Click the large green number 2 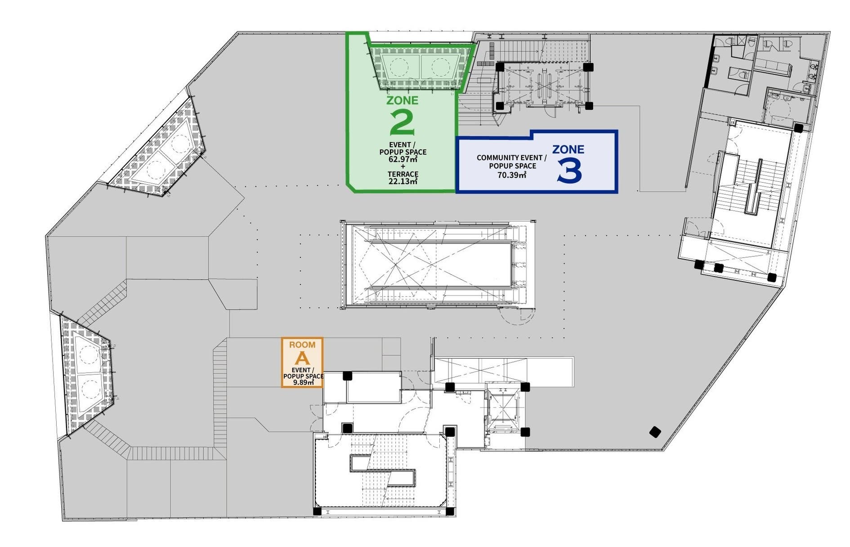tap(403, 122)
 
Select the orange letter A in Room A tap(302, 359)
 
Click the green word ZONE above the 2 tap(402, 100)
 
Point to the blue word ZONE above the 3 tap(568, 149)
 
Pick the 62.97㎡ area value tap(403, 159)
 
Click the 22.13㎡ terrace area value tap(403, 181)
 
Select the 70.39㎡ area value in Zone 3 tap(512, 175)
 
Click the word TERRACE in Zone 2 tap(403, 174)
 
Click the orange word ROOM tap(302, 345)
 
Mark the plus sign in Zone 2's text tap(403, 166)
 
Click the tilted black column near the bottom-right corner tap(655, 432)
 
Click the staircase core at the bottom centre tap(383, 474)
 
